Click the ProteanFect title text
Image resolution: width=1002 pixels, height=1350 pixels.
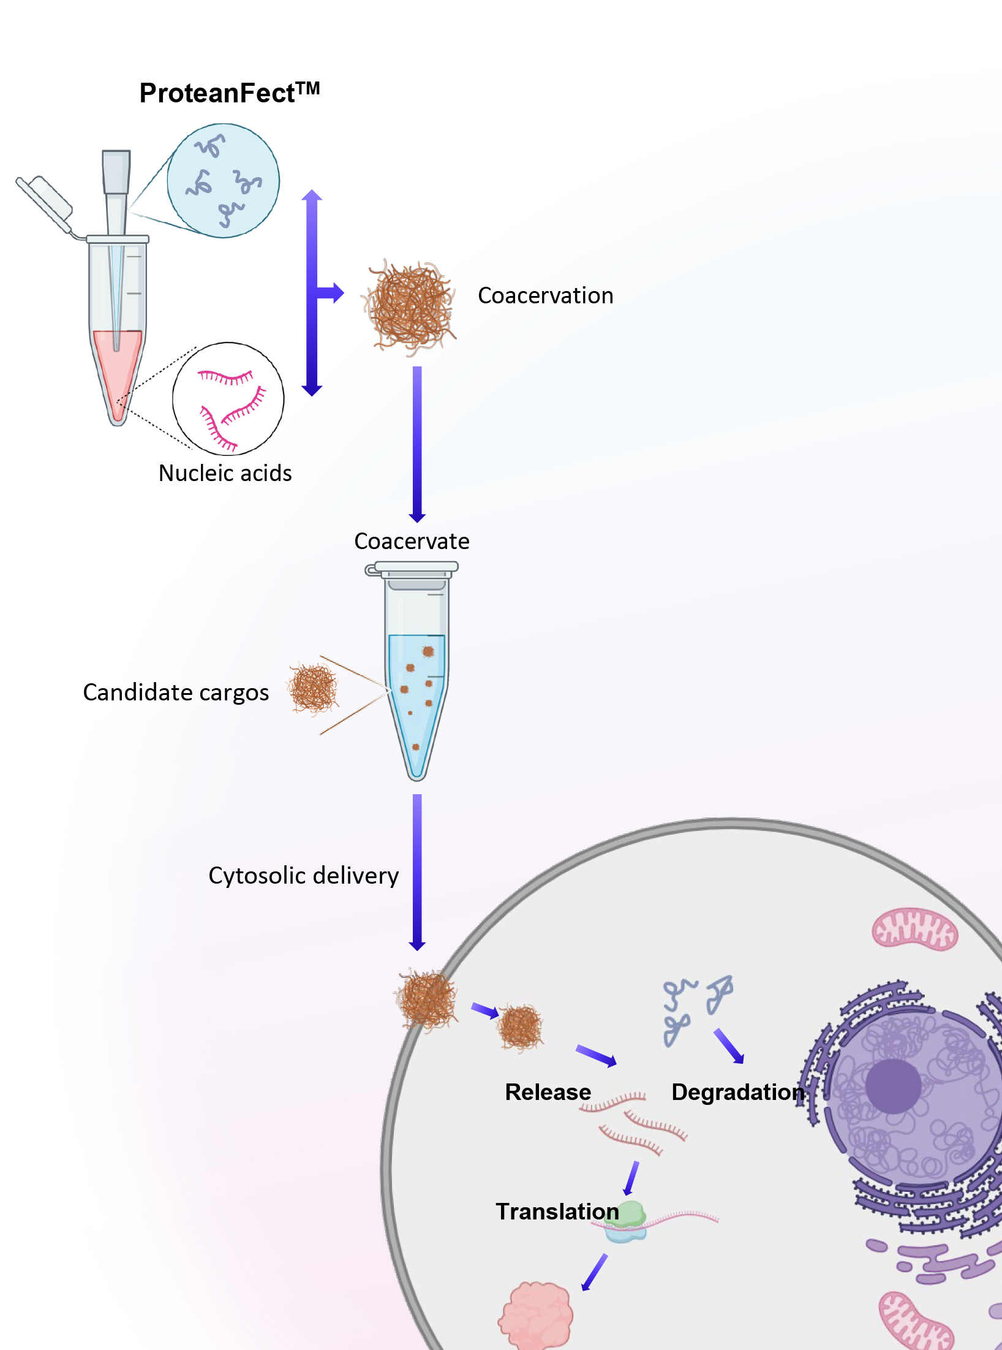point(229,93)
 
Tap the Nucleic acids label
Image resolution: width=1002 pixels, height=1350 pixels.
point(225,473)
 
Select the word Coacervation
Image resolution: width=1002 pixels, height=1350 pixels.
point(545,295)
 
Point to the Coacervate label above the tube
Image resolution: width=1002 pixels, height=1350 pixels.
point(412,541)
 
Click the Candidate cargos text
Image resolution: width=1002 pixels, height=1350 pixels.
point(176,692)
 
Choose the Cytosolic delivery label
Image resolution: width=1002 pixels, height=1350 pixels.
point(303,876)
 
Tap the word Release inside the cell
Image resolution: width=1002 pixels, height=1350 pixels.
point(548,1092)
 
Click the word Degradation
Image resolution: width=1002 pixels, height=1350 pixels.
point(737,1092)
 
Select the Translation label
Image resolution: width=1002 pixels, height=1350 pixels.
point(557,1212)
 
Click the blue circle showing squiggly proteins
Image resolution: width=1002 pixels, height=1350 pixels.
point(224,181)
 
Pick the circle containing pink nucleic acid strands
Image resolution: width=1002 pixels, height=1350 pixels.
point(228,398)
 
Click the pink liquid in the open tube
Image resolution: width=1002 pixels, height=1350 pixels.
point(117,368)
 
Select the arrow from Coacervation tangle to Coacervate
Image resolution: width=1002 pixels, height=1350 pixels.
point(417,444)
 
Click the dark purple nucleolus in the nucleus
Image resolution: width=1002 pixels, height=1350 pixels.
point(893,1086)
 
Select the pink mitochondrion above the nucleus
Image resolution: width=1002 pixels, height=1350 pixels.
point(914,928)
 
